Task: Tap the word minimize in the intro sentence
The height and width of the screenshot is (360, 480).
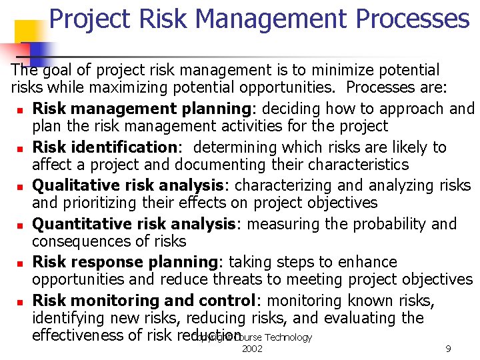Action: [319, 70]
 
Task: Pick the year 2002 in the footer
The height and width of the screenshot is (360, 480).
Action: [252, 349]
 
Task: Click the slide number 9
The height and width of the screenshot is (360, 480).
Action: [448, 349]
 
